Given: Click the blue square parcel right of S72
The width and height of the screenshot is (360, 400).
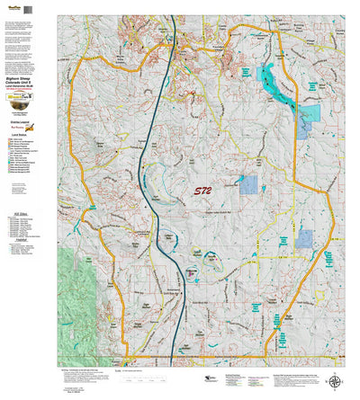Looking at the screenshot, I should click(249, 185).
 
